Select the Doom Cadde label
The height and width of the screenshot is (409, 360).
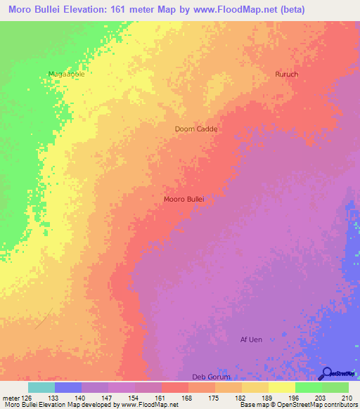point(196,129)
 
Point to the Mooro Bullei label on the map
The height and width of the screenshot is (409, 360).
point(184,200)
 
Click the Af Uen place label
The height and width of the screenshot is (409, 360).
point(251,340)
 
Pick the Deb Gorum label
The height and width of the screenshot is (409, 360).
point(211,377)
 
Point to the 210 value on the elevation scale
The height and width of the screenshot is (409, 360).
point(347,398)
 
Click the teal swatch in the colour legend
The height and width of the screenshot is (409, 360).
point(41,387)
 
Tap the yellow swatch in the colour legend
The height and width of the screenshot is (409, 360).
point(281,387)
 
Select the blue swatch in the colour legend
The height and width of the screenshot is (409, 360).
point(67,387)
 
